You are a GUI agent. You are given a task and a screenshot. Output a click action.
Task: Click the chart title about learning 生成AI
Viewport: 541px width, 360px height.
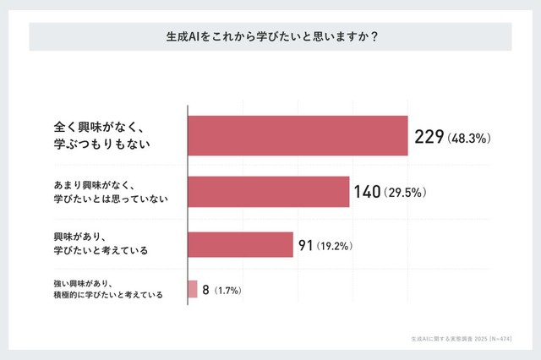pyautogui.click(x=270, y=37)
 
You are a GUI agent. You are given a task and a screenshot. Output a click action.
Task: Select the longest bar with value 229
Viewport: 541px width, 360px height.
pyautogui.click(x=298, y=135)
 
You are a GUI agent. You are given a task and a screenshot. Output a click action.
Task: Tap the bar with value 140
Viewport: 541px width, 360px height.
pyautogui.click(x=268, y=192)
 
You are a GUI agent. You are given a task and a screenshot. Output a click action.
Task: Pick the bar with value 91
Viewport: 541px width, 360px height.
pyautogui.click(x=240, y=245)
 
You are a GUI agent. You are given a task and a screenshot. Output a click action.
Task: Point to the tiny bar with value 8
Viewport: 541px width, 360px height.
pyautogui.click(x=193, y=290)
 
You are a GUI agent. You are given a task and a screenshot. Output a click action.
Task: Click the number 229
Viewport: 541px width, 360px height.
pyautogui.click(x=429, y=136)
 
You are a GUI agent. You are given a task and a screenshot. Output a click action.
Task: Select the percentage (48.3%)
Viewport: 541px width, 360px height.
pyautogui.click(x=469, y=137)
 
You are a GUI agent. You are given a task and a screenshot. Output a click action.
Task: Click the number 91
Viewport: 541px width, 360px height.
pyautogui.click(x=306, y=246)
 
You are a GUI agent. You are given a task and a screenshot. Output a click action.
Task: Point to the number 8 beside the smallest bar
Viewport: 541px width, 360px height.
pyautogui.click(x=205, y=290)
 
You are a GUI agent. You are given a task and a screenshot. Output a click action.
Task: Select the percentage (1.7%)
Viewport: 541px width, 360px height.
pyautogui.click(x=227, y=291)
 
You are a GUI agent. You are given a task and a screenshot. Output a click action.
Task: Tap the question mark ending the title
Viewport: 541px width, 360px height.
pyautogui.click(x=374, y=37)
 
